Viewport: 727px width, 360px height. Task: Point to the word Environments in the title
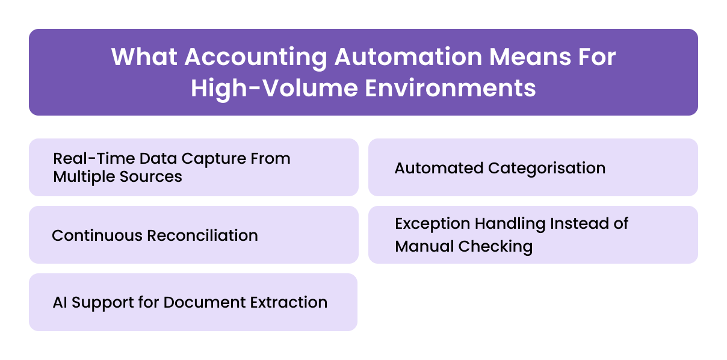pyautogui.click(x=450, y=88)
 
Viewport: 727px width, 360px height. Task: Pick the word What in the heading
pyautogui.click(x=144, y=57)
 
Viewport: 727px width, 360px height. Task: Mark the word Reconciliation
pyautogui.click(x=201, y=235)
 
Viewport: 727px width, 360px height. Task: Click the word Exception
pyautogui.click(x=433, y=224)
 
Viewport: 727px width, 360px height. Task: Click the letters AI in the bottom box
pyautogui.click(x=60, y=302)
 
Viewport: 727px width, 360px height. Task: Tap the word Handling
pyautogui.click(x=510, y=224)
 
